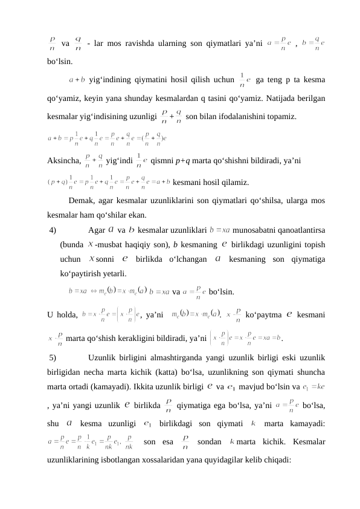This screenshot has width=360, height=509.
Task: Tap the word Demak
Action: (82, 201)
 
